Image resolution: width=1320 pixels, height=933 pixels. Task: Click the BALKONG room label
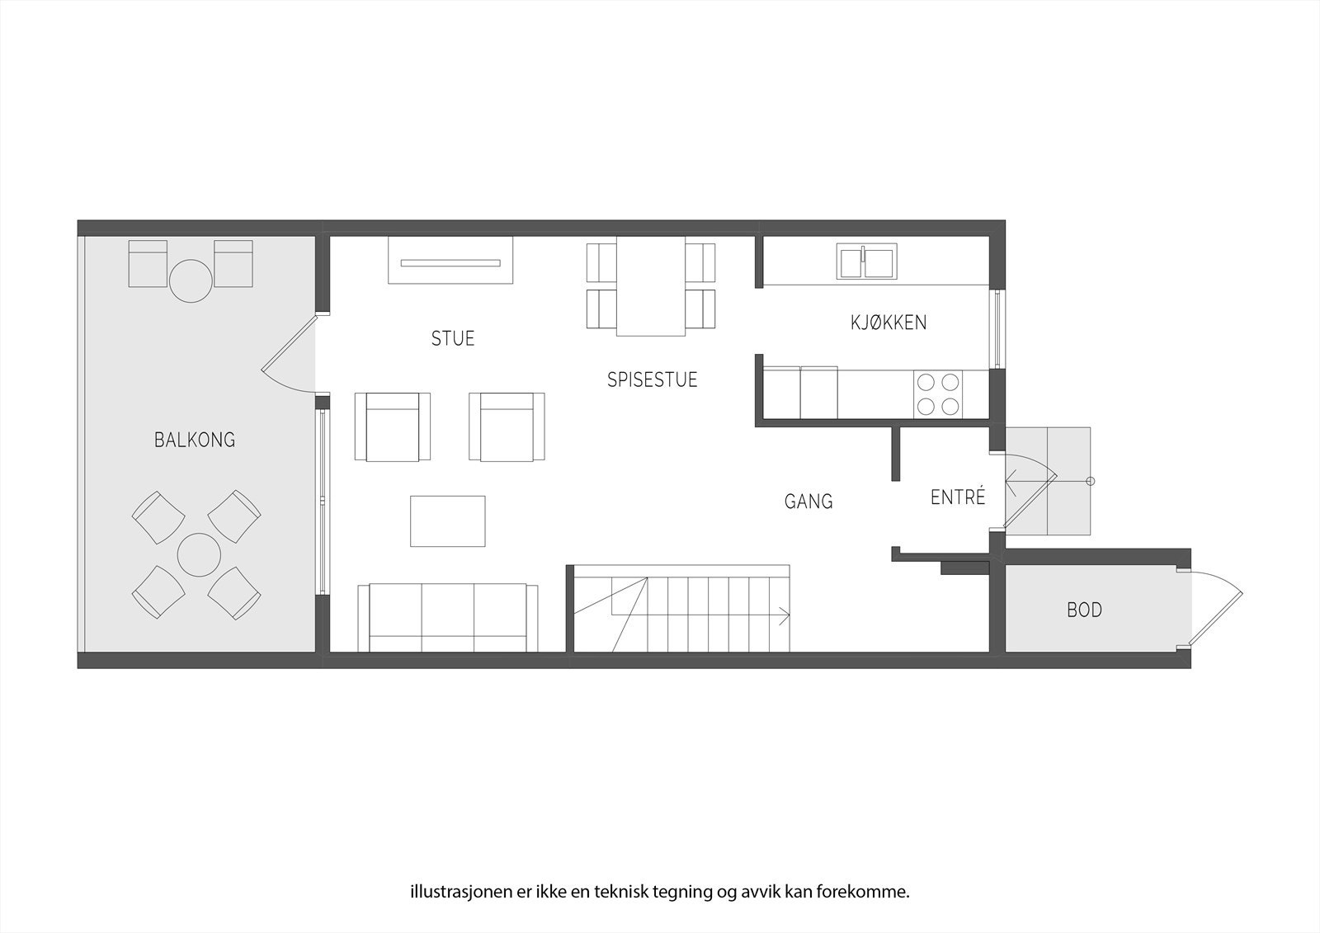[195, 441]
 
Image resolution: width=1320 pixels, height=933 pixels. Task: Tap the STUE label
[453, 339]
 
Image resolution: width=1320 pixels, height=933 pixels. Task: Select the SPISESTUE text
[652, 380]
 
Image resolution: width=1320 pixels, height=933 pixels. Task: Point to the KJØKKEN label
[889, 323]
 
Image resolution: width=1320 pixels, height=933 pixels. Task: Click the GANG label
[808, 502]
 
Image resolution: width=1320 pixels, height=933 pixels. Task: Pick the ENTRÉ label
[958, 498]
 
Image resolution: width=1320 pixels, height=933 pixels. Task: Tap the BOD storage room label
[1084, 610]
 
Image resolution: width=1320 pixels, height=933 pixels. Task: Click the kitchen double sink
[866, 262]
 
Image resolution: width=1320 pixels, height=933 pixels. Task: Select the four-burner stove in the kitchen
[939, 394]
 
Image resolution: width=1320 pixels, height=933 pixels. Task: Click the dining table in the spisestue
[651, 286]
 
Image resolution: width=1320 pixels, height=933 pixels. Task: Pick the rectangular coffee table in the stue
[448, 521]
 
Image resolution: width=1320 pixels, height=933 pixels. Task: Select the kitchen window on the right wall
[997, 329]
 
